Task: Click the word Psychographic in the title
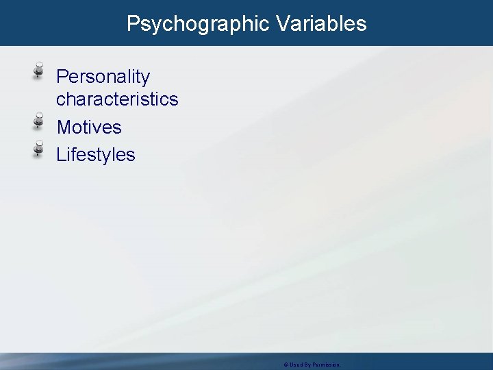pyautogui.click(x=199, y=24)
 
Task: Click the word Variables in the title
pyautogui.click(x=322, y=24)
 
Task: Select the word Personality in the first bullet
pyautogui.click(x=103, y=77)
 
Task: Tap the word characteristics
pyautogui.click(x=117, y=99)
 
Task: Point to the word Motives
pyautogui.click(x=89, y=127)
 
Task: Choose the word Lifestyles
pyautogui.click(x=96, y=155)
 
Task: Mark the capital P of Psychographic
pyautogui.click(x=134, y=24)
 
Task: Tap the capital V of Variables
pyautogui.click(x=283, y=24)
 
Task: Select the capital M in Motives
pyautogui.click(x=63, y=127)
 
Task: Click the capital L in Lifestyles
pyautogui.click(x=61, y=155)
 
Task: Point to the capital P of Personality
pyautogui.click(x=62, y=77)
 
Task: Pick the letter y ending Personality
pyautogui.click(x=145, y=78)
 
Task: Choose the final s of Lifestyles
pyautogui.click(x=131, y=156)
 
